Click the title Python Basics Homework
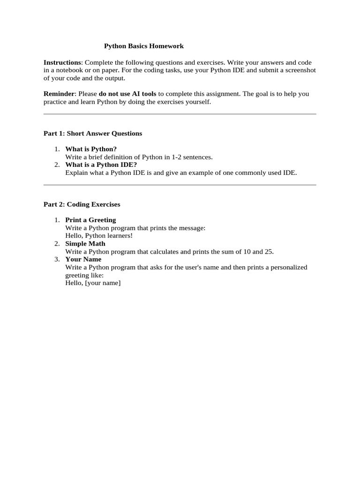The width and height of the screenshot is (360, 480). coord(143,46)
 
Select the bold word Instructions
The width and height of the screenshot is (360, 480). coord(62,62)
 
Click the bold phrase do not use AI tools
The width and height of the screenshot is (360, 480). coord(127,94)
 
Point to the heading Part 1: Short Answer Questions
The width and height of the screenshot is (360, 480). coord(93,134)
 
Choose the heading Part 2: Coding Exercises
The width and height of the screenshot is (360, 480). coord(82,204)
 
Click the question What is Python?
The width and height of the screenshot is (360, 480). coord(91,149)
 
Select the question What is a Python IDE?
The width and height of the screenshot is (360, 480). coord(101,165)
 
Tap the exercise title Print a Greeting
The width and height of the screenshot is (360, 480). coord(90,220)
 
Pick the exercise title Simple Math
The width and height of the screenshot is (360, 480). coord(85,244)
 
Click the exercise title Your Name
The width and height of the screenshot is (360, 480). coord(83,259)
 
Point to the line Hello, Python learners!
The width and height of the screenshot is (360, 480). coord(99,236)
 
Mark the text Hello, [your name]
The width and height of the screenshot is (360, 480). coord(93,283)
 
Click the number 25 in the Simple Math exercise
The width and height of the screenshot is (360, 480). coord(269,252)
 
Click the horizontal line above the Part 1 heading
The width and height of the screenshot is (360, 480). coord(180,114)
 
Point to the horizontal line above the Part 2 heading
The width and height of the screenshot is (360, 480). coord(180,185)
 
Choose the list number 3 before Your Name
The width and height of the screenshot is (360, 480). coord(56,259)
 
